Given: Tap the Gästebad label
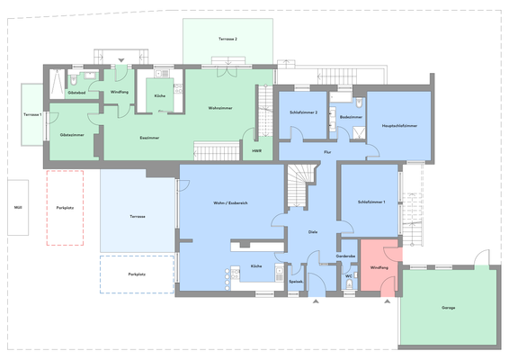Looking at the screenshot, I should pos(76,93).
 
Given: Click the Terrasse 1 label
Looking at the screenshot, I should pos(32,115).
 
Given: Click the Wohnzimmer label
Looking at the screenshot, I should pos(220,109).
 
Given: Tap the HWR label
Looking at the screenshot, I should pos(256,150).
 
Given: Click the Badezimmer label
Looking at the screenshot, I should pos(352,117).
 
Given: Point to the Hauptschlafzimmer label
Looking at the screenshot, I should pos(398,126).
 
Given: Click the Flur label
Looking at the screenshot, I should pos(328,153).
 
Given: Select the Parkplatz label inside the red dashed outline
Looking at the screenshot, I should pos(64,207).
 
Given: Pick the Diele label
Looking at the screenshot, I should pos(313,231).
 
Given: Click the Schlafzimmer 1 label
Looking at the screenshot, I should pos(371,202).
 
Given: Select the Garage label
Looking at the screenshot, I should pos(448,308).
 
